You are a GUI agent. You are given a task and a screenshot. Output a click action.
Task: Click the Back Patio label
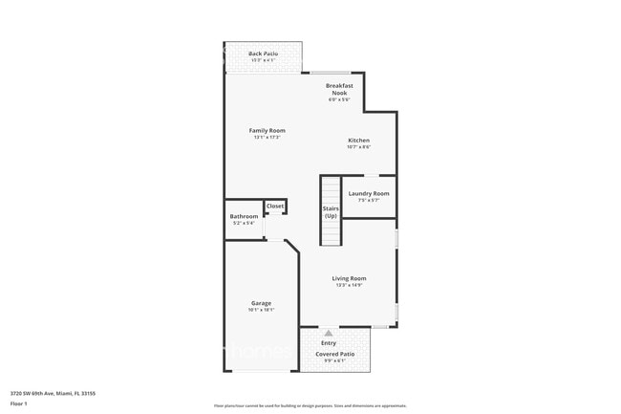point(262,54)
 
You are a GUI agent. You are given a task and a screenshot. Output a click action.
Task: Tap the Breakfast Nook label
point(339,89)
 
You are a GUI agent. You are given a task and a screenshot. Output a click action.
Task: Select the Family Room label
point(267,130)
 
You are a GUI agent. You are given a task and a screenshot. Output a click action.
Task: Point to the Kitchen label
point(358,141)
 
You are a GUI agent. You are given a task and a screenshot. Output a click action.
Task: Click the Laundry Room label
point(368,193)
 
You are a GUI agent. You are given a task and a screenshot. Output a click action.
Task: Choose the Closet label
point(275,206)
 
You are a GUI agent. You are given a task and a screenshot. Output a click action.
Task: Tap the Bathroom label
point(244,216)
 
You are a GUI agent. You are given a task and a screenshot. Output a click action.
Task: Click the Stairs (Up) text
point(331,212)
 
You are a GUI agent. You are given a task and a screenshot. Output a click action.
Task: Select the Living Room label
point(349,278)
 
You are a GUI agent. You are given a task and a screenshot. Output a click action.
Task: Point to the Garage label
point(261,302)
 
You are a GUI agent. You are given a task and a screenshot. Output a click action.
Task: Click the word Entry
point(329,342)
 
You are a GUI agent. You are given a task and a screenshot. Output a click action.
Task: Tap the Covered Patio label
point(335,354)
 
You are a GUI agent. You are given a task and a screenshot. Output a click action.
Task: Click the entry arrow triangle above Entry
point(329,333)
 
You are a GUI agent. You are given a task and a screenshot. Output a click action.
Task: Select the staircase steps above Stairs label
point(331,189)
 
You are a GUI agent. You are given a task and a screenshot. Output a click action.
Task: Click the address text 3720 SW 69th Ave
point(53,392)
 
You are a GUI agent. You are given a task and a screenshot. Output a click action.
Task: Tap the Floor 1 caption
point(19,403)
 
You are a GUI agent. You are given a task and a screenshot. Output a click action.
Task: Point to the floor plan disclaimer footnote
point(310,405)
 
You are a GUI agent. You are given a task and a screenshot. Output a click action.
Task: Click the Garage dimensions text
point(261,309)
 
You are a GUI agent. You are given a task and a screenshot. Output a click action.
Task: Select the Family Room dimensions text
point(267,137)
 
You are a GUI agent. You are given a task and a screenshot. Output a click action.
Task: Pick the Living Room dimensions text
point(349,285)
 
